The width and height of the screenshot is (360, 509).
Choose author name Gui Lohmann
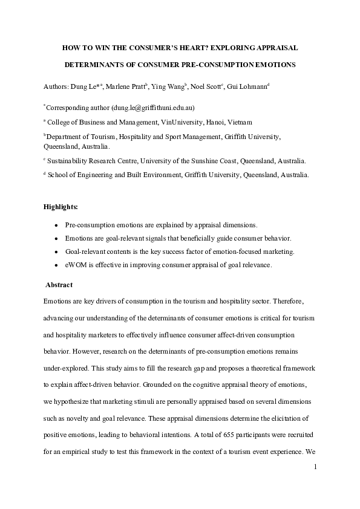[x=247, y=87]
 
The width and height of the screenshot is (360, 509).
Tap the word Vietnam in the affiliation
[x=239, y=122]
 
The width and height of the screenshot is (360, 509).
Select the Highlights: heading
[x=61, y=207]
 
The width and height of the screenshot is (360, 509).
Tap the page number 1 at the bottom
[x=315, y=467]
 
